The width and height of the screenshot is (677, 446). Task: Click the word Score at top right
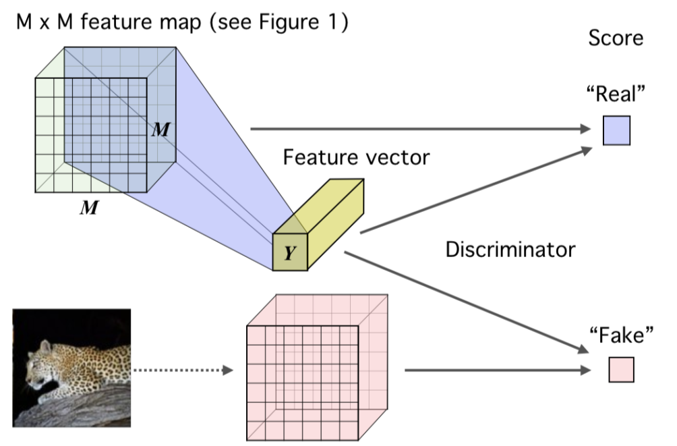point(616,38)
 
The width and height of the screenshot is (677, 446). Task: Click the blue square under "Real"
point(616,130)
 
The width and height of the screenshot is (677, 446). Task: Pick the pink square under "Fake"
point(621,370)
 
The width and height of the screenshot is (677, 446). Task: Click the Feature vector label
point(356,157)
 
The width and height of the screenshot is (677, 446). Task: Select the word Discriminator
point(510,250)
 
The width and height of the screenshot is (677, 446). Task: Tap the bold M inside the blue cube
point(160,130)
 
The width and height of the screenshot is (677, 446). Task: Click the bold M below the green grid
point(88,208)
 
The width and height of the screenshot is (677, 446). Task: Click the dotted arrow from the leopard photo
point(182,370)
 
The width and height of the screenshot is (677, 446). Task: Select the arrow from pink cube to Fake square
point(492,370)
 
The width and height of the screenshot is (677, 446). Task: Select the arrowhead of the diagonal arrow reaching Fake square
point(581,349)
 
